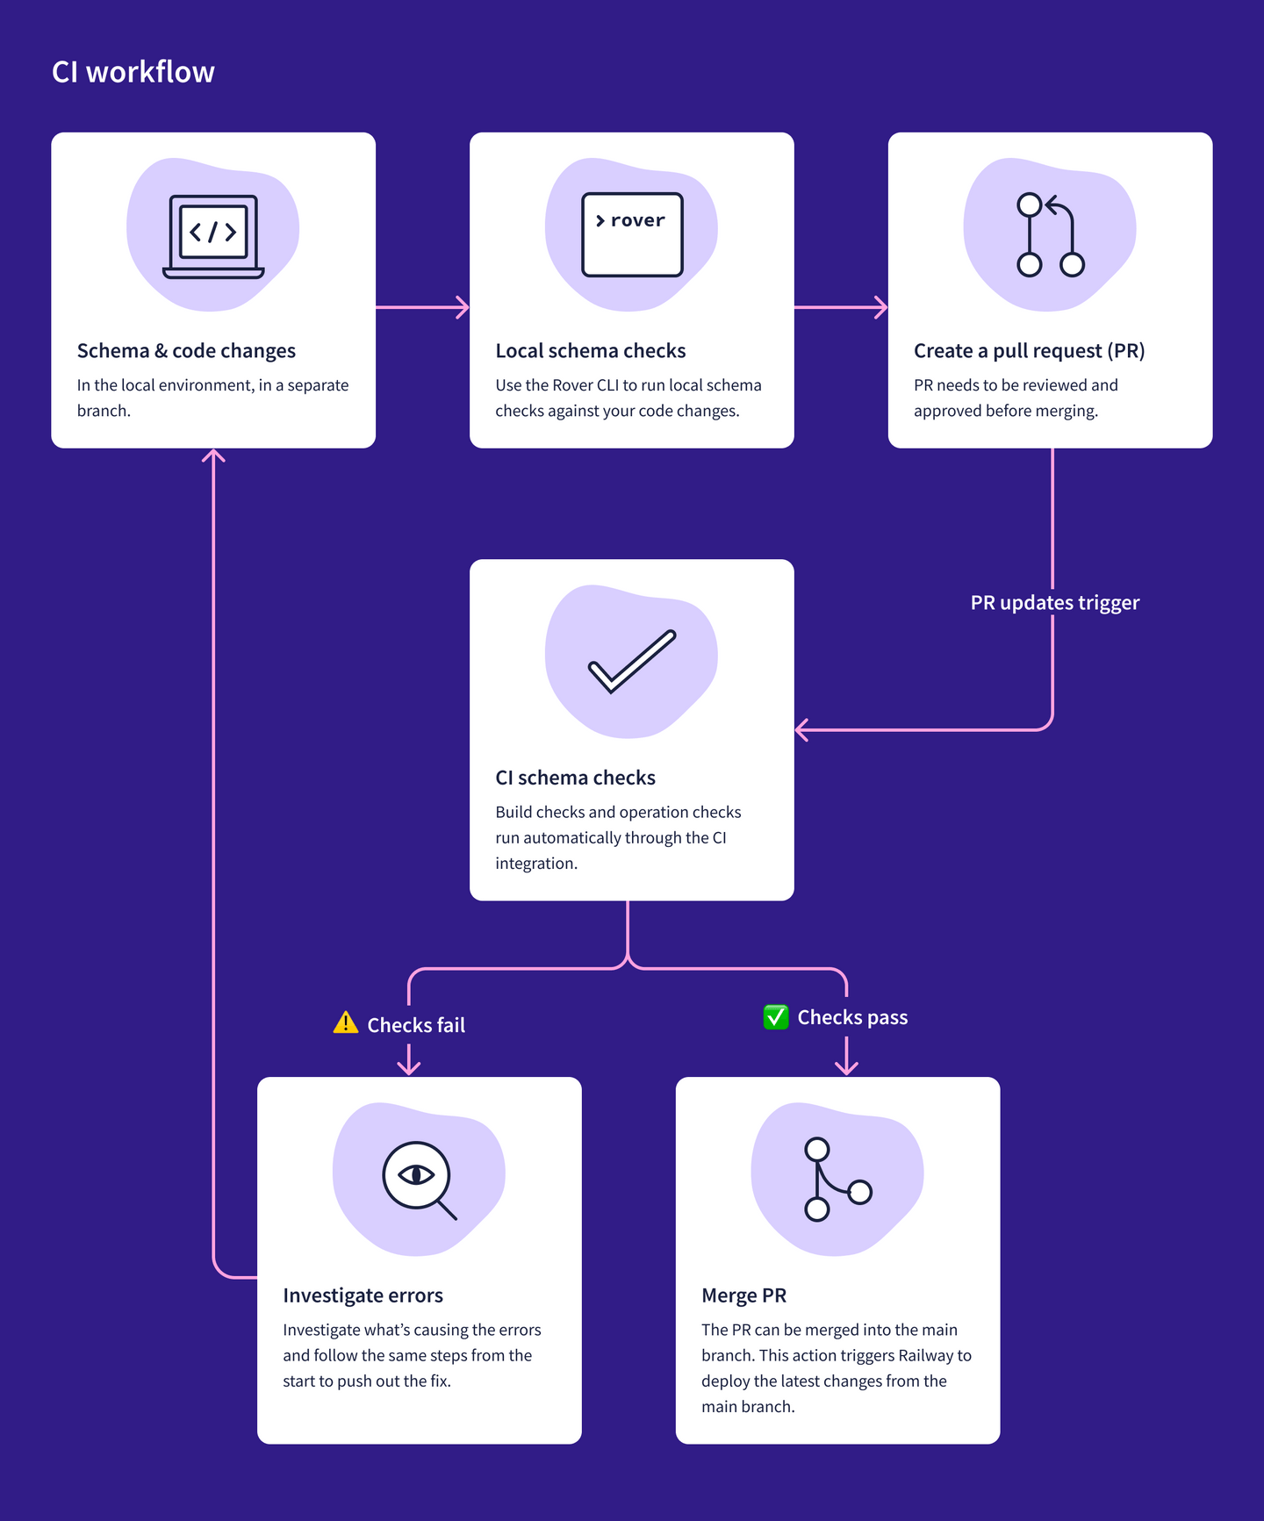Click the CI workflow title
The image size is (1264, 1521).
click(x=133, y=72)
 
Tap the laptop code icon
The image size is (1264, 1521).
click(x=213, y=236)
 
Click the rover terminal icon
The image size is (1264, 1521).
click(x=632, y=234)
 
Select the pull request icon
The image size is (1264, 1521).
click(x=1050, y=235)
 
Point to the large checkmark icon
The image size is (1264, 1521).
click(x=632, y=662)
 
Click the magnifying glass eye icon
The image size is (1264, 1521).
click(x=420, y=1180)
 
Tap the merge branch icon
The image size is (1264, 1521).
click(x=837, y=1180)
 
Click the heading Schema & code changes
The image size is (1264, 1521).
click(x=186, y=351)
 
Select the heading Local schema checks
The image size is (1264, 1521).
click(x=590, y=351)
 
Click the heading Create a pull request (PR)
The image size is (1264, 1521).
click(x=1029, y=351)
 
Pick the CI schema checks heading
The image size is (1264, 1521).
click(x=575, y=778)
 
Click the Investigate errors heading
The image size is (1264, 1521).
click(x=363, y=1295)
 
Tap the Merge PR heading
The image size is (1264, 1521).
click(x=743, y=1295)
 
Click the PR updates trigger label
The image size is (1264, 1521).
click(x=1054, y=603)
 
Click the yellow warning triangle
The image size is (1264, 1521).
click(x=346, y=1023)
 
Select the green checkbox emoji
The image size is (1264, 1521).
click(x=776, y=1017)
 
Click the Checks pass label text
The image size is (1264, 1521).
click(x=852, y=1018)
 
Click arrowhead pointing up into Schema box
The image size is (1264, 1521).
click(x=213, y=456)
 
